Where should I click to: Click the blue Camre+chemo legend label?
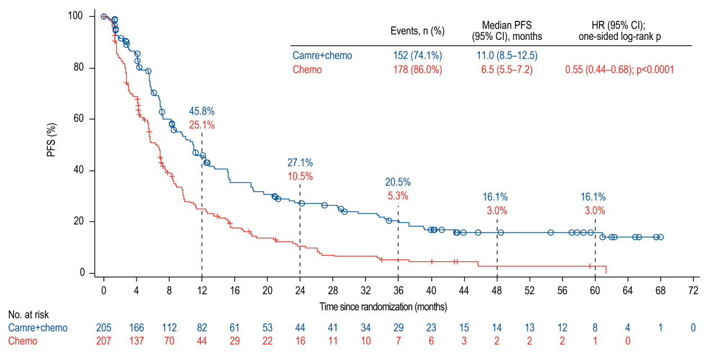pyautogui.click(x=322, y=55)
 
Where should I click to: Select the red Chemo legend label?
pyautogui.click(x=307, y=70)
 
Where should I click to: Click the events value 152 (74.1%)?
pyautogui.click(x=417, y=55)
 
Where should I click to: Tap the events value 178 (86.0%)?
pyautogui.click(x=417, y=70)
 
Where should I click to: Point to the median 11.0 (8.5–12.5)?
pyautogui.click(x=507, y=55)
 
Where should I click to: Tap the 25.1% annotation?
pyautogui.click(x=202, y=125)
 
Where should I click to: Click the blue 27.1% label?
pyautogui.click(x=300, y=163)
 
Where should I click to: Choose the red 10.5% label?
pyautogui.click(x=300, y=176)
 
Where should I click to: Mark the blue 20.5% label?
pyautogui.click(x=398, y=182)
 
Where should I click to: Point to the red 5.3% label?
pyautogui.click(x=398, y=196)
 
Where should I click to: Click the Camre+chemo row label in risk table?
pyautogui.click(x=38, y=327)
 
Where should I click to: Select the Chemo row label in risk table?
pyautogui.click(x=22, y=341)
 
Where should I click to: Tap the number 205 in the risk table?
pyautogui.click(x=104, y=327)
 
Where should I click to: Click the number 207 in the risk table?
pyautogui.click(x=104, y=341)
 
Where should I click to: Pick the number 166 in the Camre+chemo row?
pyautogui.click(x=137, y=327)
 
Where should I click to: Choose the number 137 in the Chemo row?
pyautogui.click(x=137, y=341)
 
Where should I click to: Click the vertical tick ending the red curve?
pyautogui.click(x=606, y=270)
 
